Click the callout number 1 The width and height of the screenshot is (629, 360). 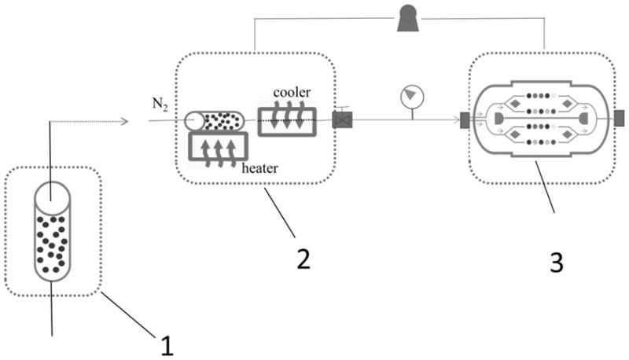point(167,344)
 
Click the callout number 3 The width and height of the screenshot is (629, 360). point(556,262)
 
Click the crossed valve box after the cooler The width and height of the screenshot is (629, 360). point(342,120)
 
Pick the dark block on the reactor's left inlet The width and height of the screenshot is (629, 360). point(464,120)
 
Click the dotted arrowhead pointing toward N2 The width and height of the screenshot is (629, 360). point(123,121)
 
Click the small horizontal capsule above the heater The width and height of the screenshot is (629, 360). point(214,120)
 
